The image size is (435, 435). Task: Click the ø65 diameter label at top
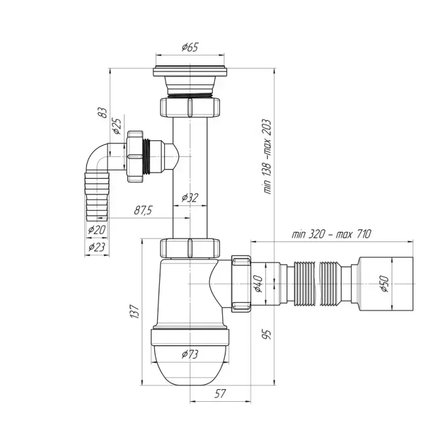pyautogui.click(x=190, y=47)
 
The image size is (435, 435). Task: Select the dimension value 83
pyautogui.click(x=103, y=112)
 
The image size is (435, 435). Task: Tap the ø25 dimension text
pyautogui.click(x=117, y=126)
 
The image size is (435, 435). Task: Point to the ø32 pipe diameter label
pyautogui.click(x=190, y=198)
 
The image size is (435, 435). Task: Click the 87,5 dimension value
pyautogui.click(x=143, y=210)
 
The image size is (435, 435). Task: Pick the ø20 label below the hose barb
pyautogui.click(x=97, y=230)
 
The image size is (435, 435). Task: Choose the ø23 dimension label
pyautogui.click(x=97, y=246)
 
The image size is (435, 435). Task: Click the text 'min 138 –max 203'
pyautogui.click(x=266, y=156)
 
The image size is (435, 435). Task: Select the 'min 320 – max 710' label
pyautogui.click(x=331, y=234)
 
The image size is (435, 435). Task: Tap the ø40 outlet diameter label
pyautogui.click(x=259, y=284)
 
